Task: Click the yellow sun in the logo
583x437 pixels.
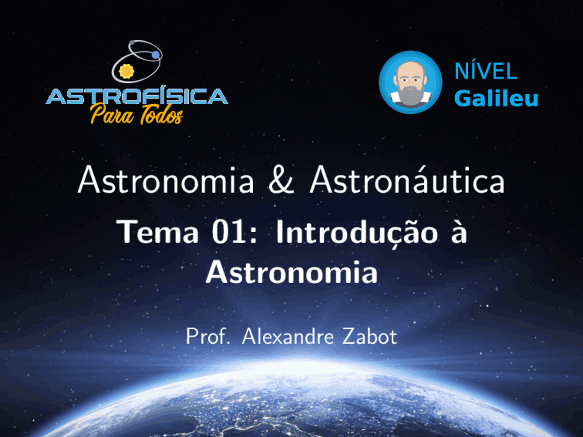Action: [126, 71]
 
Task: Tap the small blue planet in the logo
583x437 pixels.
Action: [156, 55]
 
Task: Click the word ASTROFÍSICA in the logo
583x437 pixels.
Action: [137, 97]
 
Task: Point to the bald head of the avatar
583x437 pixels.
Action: [410, 67]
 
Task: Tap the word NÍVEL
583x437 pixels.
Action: [486, 71]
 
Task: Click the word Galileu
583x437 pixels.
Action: [496, 98]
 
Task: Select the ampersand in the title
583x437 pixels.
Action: [281, 180]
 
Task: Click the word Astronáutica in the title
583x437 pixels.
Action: [407, 180]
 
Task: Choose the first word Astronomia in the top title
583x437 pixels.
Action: [166, 180]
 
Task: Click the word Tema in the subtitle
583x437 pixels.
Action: [158, 232]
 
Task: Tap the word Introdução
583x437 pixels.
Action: [357, 233]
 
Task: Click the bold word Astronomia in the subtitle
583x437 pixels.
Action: [291, 273]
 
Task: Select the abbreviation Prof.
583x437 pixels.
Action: [207, 337]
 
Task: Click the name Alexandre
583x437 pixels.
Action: [288, 337]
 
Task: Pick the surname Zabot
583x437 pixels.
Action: [369, 337]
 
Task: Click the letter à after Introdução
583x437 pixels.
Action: [459, 232]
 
